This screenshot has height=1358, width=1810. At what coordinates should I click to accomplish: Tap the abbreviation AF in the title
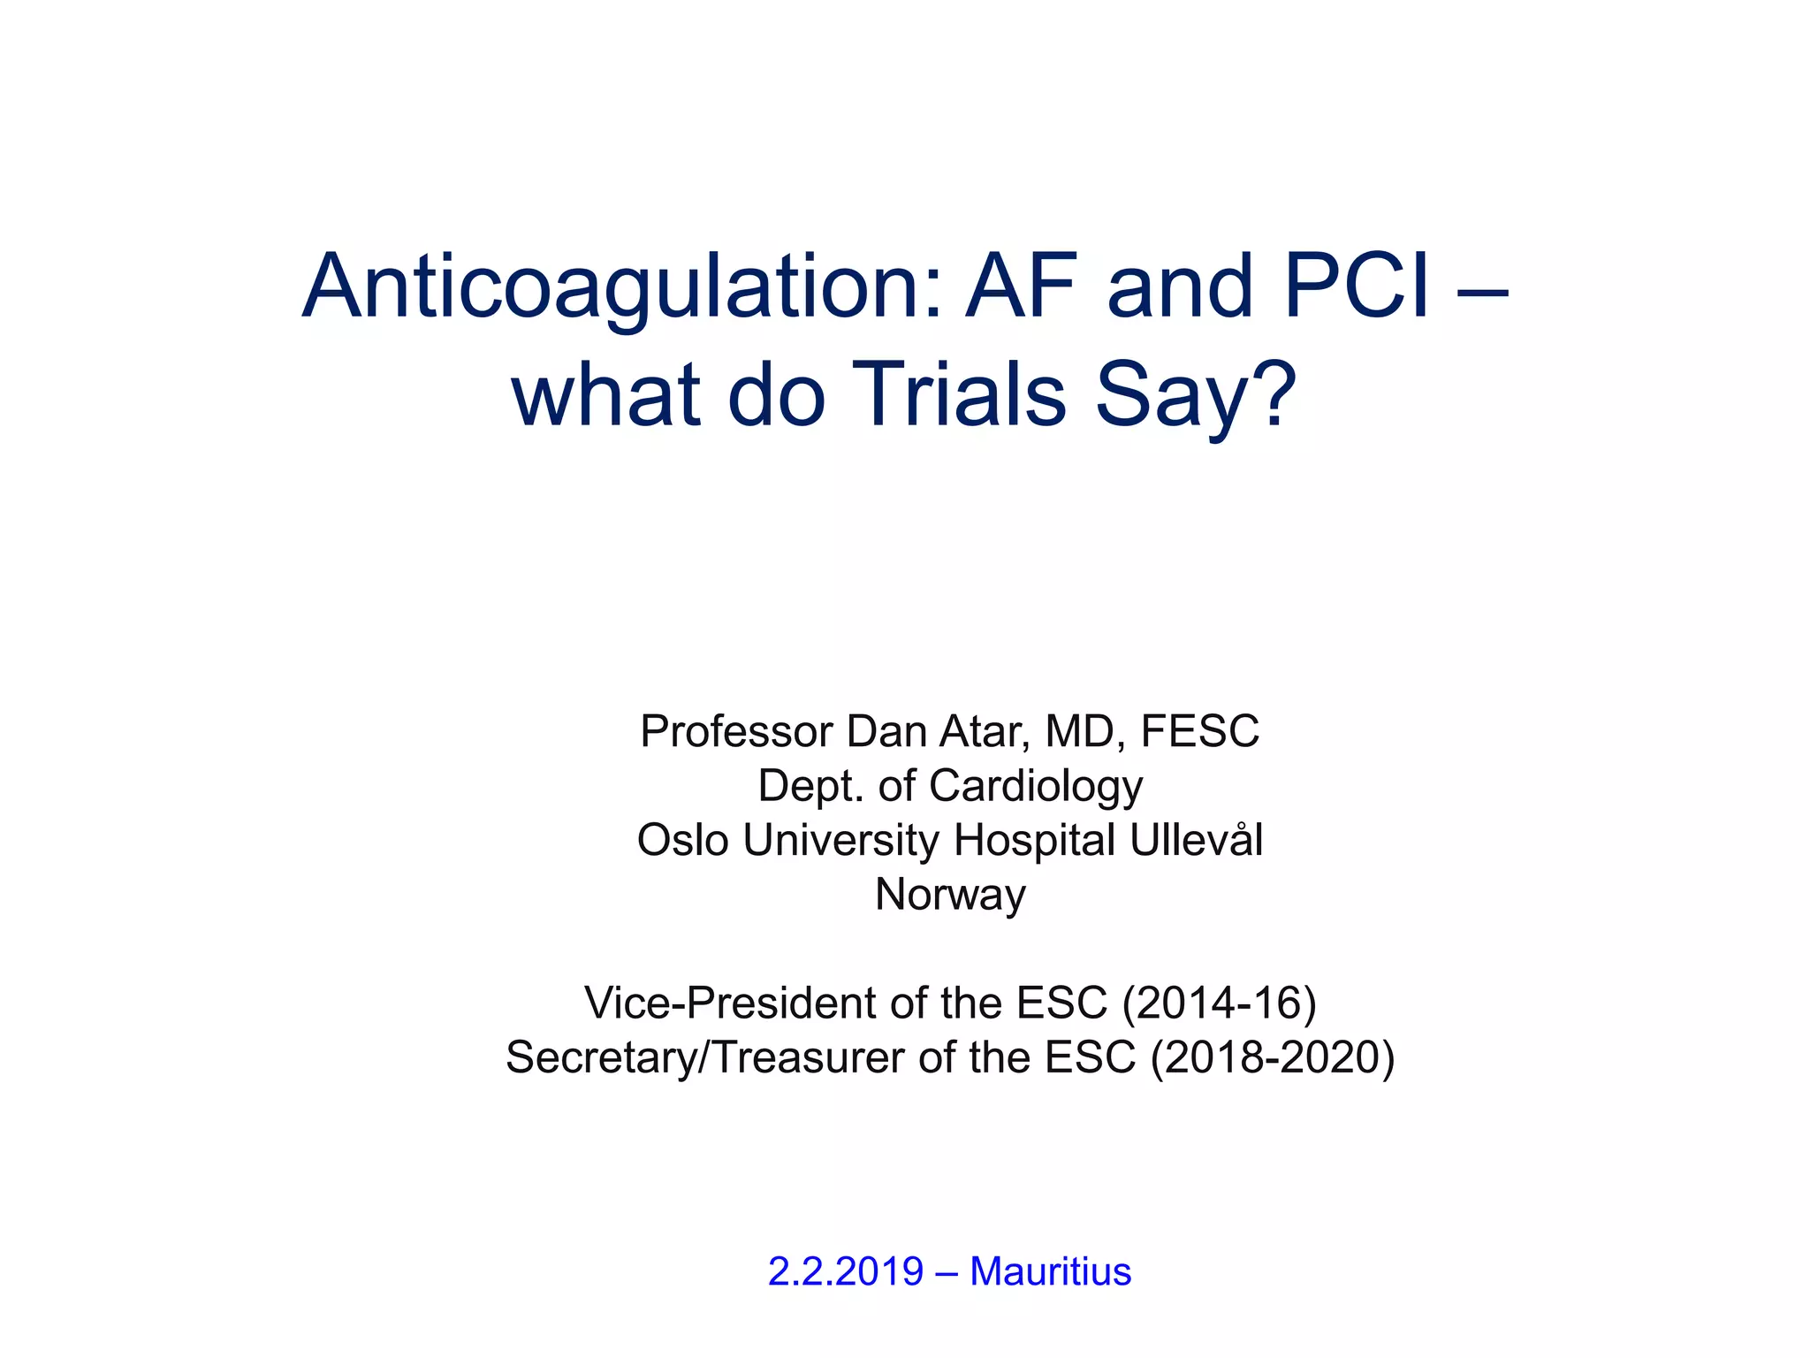(1021, 286)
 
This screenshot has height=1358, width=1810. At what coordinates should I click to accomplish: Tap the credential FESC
(1199, 731)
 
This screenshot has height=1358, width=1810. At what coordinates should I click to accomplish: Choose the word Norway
(950, 895)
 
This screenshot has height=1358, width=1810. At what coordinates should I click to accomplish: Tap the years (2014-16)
(1219, 1003)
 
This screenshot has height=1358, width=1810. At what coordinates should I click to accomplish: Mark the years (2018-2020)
(1273, 1057)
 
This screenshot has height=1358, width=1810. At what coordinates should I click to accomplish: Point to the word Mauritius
(1050, 1271)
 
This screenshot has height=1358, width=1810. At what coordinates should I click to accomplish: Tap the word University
(840, 840)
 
